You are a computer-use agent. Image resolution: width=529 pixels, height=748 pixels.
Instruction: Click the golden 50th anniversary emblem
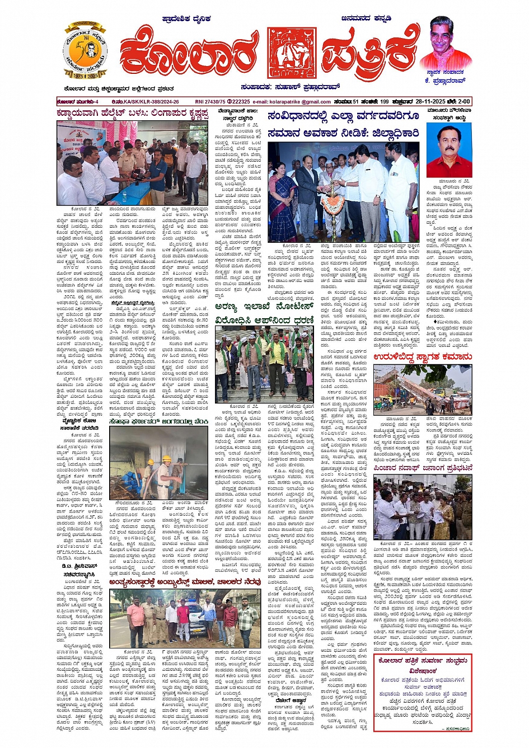click(x=85, y=52)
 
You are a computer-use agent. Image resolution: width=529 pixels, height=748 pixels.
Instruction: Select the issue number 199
click(x=383, y=102)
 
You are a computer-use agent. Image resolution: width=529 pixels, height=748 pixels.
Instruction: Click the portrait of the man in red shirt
click(x=448, y=149)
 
